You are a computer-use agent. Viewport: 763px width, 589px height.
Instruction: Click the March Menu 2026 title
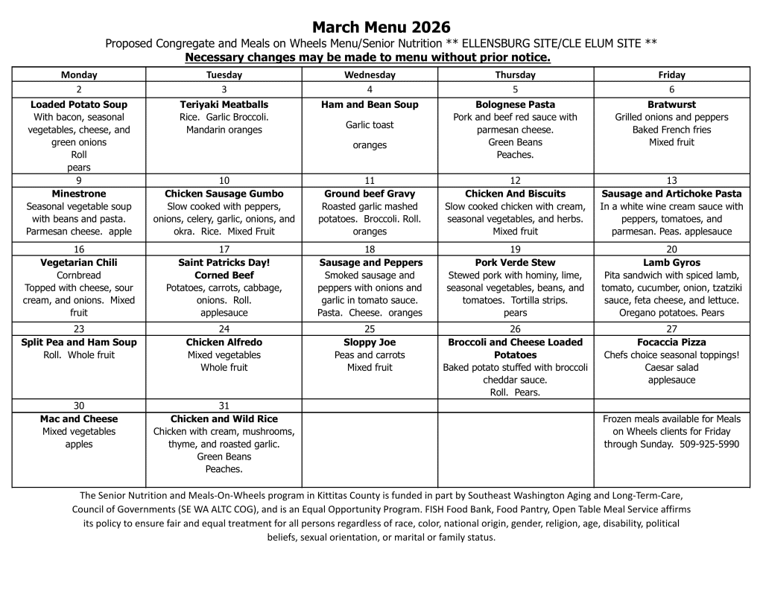click(381, 28)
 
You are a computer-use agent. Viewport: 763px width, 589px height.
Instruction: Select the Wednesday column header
click(370, 74)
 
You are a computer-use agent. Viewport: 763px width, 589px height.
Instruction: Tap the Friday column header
click(671, 74)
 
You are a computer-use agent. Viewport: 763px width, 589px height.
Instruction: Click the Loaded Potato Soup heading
click(79, 105)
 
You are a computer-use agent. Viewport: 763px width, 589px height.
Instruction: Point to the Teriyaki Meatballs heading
click(224, 105)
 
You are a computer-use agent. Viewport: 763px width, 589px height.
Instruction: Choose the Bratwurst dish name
click(671, 105)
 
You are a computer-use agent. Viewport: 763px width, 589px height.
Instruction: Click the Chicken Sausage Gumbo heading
click(224, 194)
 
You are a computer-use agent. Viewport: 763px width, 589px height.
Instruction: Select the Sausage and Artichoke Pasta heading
click(671, 194)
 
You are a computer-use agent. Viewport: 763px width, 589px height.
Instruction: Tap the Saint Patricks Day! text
click(224, 263)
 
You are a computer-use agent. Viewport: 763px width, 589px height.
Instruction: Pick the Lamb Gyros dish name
click(671, 263)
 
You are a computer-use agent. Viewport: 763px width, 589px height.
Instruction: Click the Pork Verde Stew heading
click(515, 263)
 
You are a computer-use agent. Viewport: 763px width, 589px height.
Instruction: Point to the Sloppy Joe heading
click(370, 343)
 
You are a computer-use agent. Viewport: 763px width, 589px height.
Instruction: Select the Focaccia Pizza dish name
click(671, 343)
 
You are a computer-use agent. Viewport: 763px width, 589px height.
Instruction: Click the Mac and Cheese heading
click(79, 419)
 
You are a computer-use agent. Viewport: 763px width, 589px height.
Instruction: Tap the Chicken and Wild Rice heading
click(224, 419)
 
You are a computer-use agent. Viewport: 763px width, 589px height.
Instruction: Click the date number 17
click(224, 249)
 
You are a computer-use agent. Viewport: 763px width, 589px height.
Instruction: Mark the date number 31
click(224, 406)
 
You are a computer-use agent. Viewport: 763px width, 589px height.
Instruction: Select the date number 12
click(515, 180)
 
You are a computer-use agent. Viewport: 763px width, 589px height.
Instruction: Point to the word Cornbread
click(79, 276)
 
